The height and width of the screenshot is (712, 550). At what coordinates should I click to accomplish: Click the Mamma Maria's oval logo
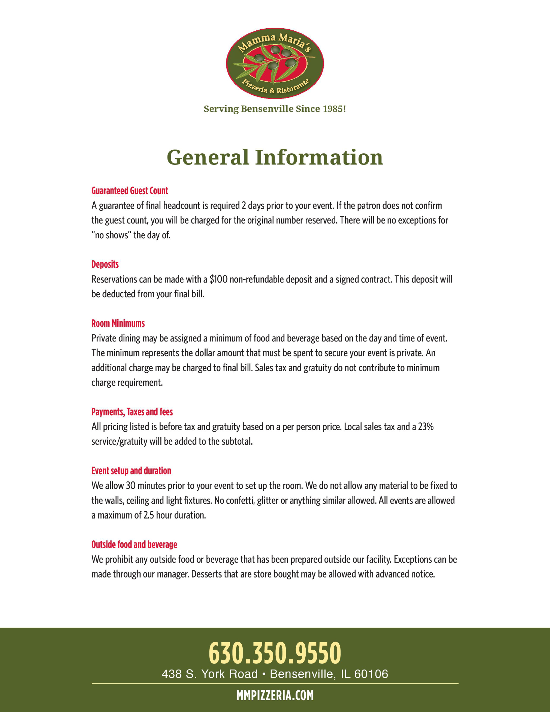click(x=275, y=63)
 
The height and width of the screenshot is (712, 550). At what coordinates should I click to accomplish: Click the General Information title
click(x=275, y=157)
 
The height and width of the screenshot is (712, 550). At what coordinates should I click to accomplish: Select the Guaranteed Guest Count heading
click(x=130, y=191)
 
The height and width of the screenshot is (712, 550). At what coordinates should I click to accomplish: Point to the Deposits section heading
click(x=105, y=264)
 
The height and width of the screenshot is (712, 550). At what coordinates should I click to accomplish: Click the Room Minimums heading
click(x=118, y=324)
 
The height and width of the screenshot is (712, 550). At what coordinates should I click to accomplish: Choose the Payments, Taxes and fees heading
click(x=132, y=412)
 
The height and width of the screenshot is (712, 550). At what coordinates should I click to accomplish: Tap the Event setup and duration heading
click(x=131, y=471)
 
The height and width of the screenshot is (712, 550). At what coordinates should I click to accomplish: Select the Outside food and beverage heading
click(x=134, y=545)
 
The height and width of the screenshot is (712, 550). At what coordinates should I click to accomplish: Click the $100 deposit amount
click(x=218, y=279)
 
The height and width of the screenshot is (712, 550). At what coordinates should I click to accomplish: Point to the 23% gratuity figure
click(x=426, y=427)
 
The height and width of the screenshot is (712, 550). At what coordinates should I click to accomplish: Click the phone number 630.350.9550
click(x=275, y=653)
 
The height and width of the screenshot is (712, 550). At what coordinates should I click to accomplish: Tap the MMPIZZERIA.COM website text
click(x=275, y=695)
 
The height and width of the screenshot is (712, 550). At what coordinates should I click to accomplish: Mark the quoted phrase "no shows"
click(x=110, y=235)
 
